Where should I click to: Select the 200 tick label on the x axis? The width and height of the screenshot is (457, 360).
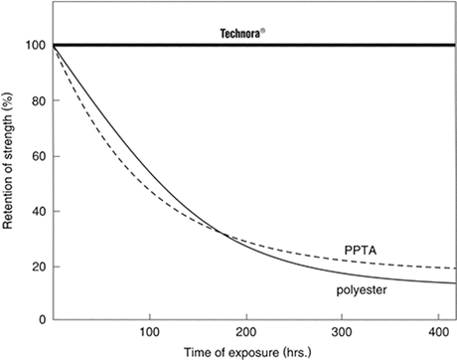(x=244, y=333)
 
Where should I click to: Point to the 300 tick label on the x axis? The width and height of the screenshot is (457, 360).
(x=341, y=333)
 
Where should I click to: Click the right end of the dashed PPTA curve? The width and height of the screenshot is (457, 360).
(x=454, y=269)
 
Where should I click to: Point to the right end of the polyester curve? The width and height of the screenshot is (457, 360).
(x=454, y=283)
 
